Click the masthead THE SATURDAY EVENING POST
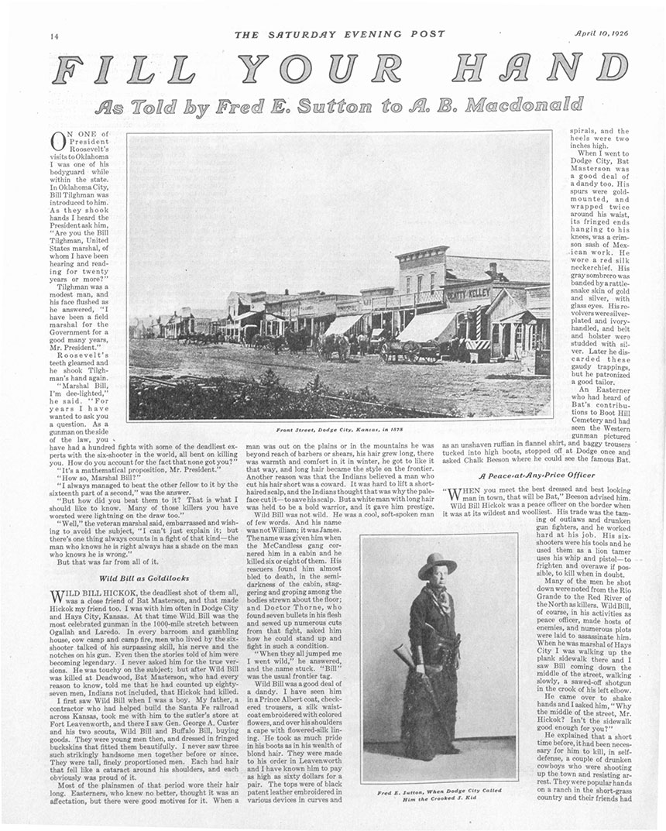pos(340,34)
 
